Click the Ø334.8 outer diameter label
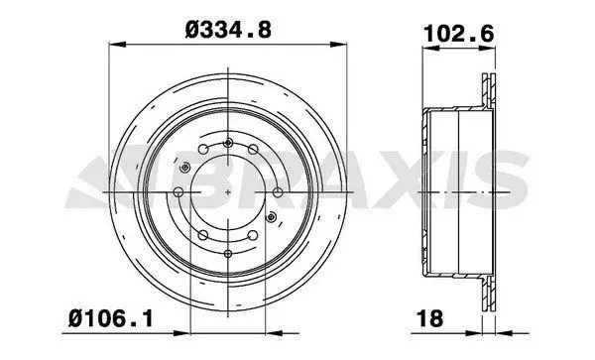[x=228, y=30]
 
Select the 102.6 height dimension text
[x=459, y=34]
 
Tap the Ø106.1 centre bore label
[x=111, y=318]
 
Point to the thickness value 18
[x=429, y=318]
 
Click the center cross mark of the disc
[x=228, y=192]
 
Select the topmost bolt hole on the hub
[x=228, y=143]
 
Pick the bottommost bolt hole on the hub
[x=228, y=254]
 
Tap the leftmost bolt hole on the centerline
[x=178, y=192]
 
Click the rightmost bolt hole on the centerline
[x=278, y=192]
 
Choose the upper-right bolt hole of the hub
[x=253, y=149]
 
